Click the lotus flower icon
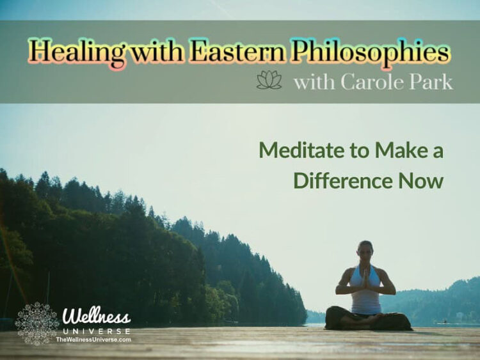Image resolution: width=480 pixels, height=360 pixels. point(269,81)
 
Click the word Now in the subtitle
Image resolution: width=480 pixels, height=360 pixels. point(420,180)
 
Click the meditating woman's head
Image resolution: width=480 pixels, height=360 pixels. point(366,249)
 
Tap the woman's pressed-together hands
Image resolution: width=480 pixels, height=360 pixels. point(365,279)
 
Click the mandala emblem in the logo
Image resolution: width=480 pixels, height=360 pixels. point(36,324)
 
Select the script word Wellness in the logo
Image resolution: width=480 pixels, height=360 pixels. point(96,317)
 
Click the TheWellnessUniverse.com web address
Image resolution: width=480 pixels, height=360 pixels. point(93,340)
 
